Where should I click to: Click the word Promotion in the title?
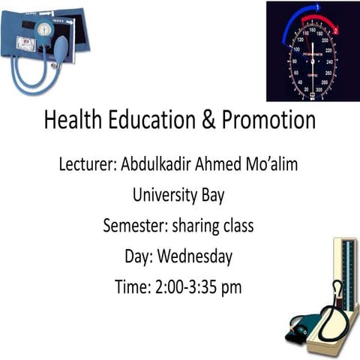266,121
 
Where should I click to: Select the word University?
165,195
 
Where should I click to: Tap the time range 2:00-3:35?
189,286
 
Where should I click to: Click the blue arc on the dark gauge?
289,26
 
